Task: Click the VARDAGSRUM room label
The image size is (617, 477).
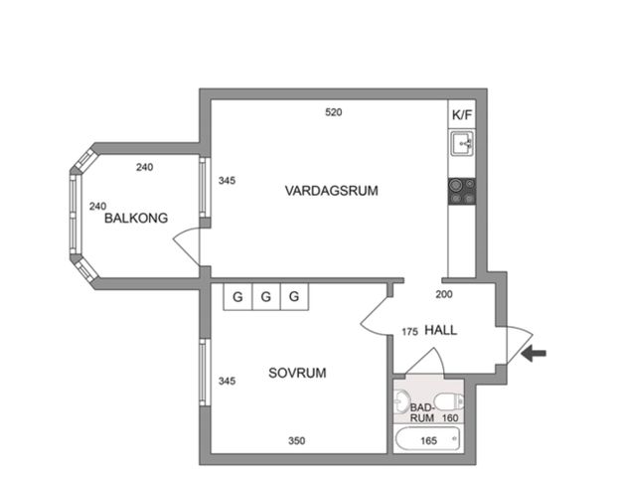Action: tap(331, 190)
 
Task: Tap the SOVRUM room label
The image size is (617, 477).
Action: tap(297, 373)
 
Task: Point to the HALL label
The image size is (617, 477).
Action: tap(440, 330)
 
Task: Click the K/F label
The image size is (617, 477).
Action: tap(462, 115)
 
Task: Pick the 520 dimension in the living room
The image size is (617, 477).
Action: tap(334, 112)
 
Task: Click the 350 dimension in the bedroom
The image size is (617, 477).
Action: tap(296, 440)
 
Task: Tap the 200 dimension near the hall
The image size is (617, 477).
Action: tap(444, 294)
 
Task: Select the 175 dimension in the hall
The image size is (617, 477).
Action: tap(409, 331)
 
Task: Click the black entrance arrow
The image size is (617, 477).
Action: tap(534, 353)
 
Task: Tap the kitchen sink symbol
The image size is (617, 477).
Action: tap(462, 145)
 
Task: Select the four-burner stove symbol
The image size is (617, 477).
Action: tap(462, 190)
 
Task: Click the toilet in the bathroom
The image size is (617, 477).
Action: tap(449, 400)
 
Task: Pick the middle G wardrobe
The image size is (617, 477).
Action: tap(266, 296)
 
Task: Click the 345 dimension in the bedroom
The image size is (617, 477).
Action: tap(227, 381)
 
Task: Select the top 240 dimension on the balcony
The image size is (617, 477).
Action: tap(145, 167)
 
